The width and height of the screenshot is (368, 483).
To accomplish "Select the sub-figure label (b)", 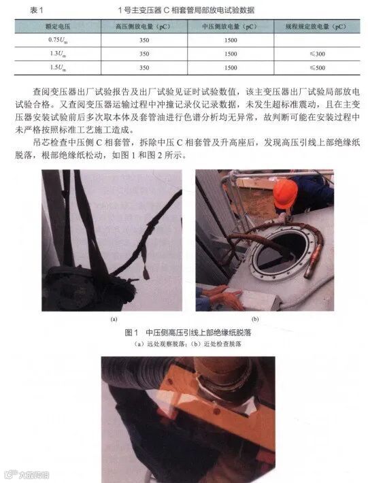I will coord(255,317).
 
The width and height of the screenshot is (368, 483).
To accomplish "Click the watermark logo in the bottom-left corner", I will coord(9,469).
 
